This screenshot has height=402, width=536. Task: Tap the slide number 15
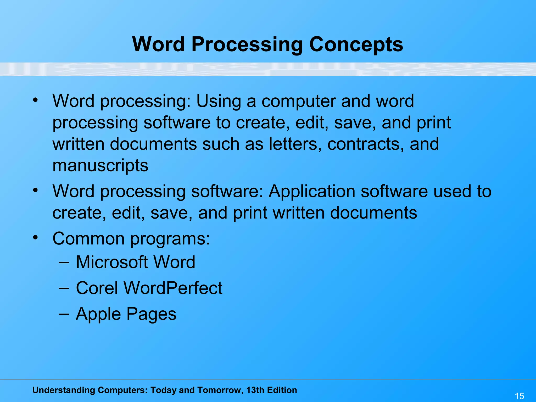click(519, 396)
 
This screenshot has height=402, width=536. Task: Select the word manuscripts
click(100, 166)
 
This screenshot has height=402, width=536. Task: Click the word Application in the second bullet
click(311, 191)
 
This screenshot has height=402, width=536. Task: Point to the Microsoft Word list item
click(135, 262)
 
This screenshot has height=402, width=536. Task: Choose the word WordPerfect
click(173, 288)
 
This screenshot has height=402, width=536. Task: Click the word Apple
click(98, 314)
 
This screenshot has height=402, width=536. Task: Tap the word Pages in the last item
click(152, 314)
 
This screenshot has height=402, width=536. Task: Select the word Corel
click(97, 288)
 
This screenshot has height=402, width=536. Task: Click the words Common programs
click(131, 239)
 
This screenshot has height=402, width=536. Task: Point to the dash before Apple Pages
click(64, 314)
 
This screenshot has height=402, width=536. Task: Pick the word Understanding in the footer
click(63, 390)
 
